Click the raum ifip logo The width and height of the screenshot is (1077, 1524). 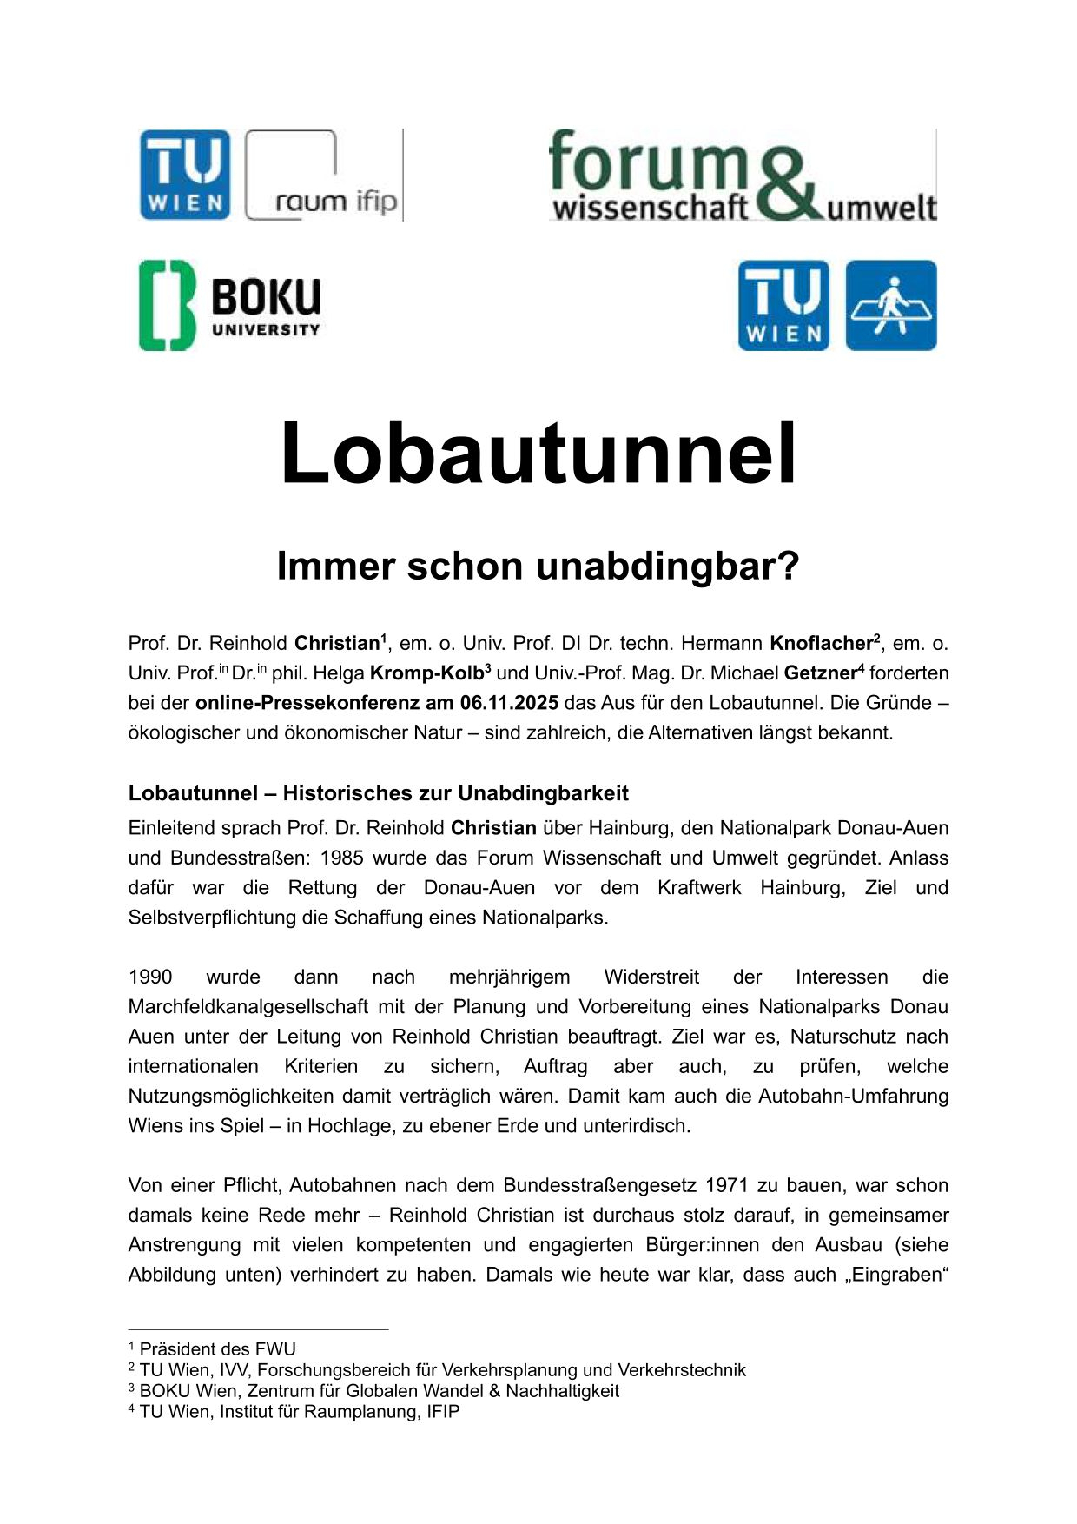click(324, 176)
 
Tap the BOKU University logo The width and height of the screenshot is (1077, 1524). click(229, 305)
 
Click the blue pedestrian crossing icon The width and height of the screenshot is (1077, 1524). click(891, 305)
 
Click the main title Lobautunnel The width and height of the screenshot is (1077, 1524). click(538, 453)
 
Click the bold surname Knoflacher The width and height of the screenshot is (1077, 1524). click(821, 643)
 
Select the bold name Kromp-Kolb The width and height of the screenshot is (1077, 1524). click(426, 673)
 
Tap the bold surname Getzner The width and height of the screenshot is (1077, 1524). click(819, 673)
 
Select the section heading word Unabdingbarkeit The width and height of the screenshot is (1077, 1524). click(543, 793)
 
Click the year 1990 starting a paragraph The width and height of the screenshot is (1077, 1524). click(150, 977)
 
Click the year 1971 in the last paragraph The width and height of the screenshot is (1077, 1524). click(726, 1185)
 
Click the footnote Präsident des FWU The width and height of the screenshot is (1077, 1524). click(217, 1348)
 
